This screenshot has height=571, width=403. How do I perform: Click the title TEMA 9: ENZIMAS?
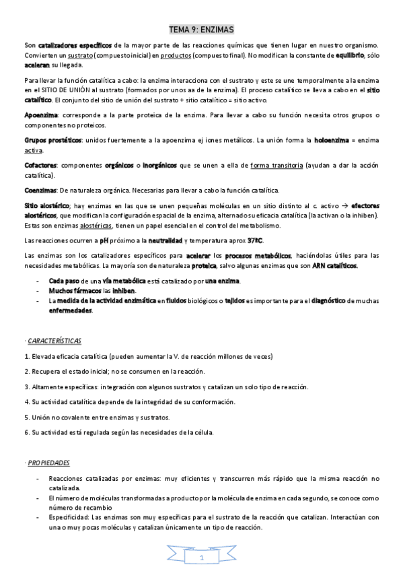pyautogui.click(x=201, y=30)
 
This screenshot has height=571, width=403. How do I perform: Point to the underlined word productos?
pyautogui.click(x=173, y=55)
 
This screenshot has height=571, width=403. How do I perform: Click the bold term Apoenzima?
pyautogui.click(x=40, y=115)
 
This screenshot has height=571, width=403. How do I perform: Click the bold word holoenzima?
pyautogui.click(x=331, y=139)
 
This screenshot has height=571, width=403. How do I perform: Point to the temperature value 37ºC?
pyautogui.click(x=255, y=240)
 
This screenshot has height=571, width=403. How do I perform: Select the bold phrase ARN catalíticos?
pyautogui.click(x=334, y=265)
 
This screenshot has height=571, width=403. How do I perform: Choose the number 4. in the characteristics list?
pyautogui.click(x=26, y=401)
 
